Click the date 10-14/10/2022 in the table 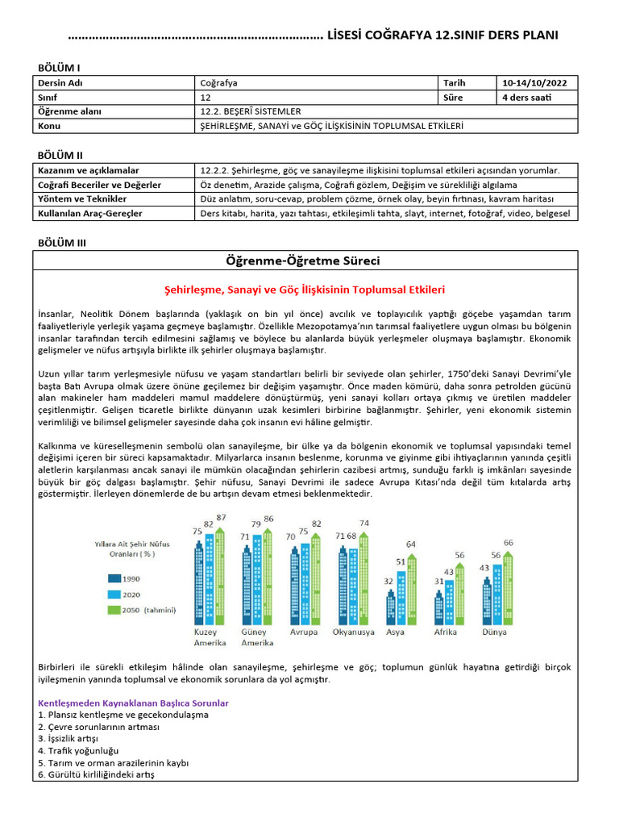pyautogui.click(x=534, y=82)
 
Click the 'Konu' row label pyautogui.click(x=50, y=126)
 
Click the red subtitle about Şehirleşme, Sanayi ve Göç pyautogui.click(x=305, y=289)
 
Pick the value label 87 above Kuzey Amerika pyautogui.click(x=221, y=517)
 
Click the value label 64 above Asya pyautogui.click(x=411, y=544)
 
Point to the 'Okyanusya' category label pyautogui.click(x=353, y=632)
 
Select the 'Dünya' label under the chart pyautogui.click(x=495, y=632)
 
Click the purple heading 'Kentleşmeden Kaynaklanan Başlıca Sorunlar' pyautogui.click(x=133, y=703)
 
